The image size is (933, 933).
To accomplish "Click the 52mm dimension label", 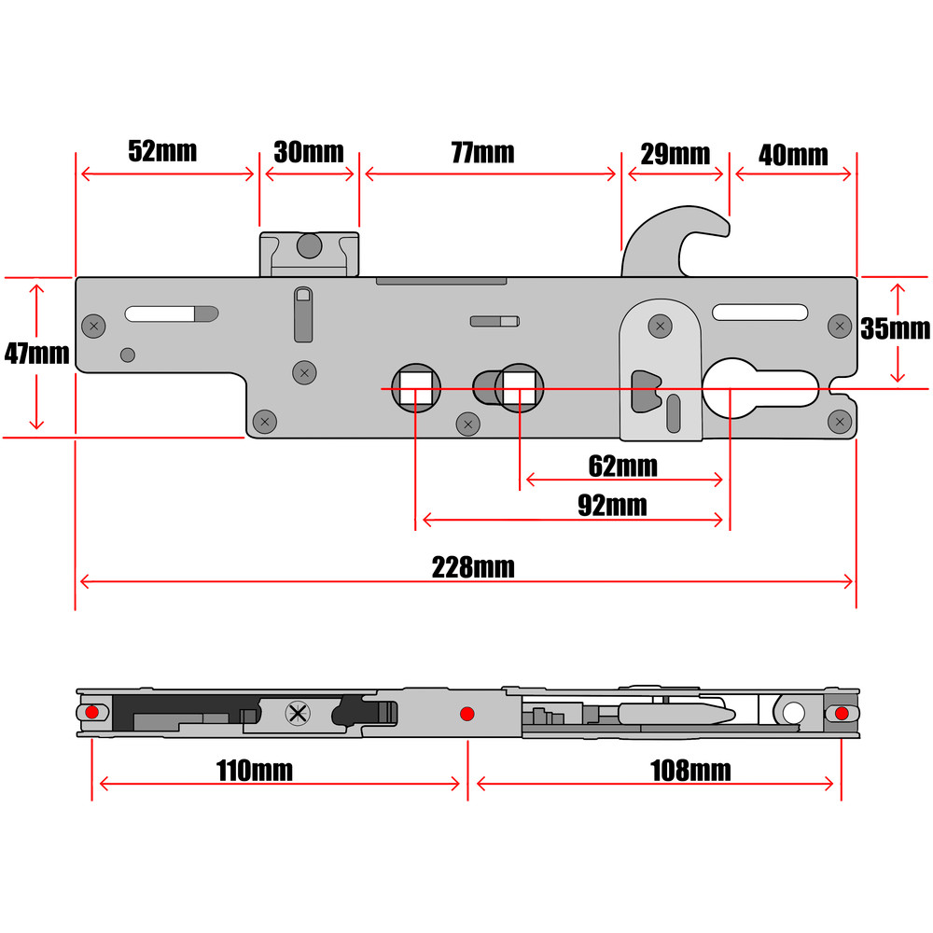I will (163, 151).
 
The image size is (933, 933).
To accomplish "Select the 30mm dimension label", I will (309, 152).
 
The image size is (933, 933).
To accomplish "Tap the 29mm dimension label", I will (675, 153).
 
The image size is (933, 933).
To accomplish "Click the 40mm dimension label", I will (793, 155).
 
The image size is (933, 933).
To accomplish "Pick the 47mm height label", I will (37, 354).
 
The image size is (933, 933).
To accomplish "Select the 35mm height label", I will (896, 328).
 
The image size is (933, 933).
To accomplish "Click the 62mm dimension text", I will (622, 465).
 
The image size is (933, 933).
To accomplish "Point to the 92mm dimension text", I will (612, 506).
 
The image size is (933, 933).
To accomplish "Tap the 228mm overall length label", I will (472, 566).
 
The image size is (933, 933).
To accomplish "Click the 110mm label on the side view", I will (254, 771).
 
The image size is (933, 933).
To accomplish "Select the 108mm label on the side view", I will (691, 771).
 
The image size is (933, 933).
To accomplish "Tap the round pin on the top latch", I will (309, 245).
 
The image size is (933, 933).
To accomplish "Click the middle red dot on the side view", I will (467, 714).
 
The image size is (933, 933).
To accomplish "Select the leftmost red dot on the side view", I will (91, 713).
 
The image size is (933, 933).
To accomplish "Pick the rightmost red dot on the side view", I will (842, 714).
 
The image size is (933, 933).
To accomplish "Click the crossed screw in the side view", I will (298, 715).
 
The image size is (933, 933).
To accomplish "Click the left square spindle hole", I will (415, 386).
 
